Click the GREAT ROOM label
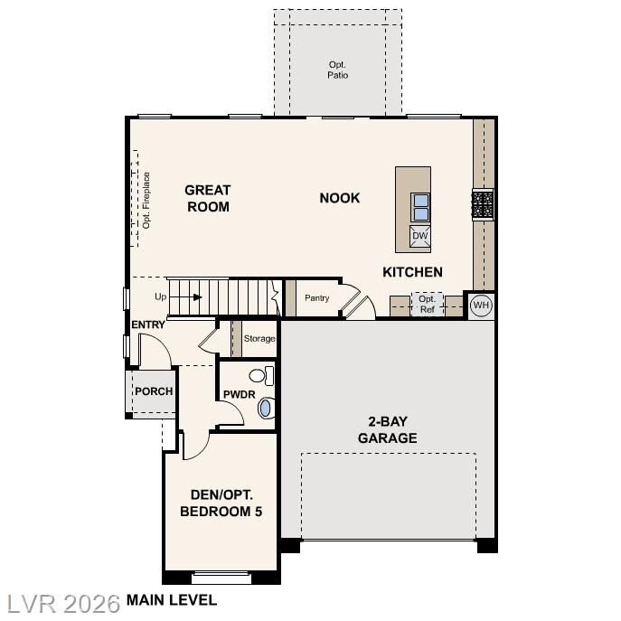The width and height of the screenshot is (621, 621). (x=207, y=198)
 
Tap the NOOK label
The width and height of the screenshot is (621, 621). (x=339, y=198)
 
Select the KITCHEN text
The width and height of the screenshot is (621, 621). (x=412, y=272)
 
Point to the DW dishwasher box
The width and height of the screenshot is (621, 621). (x=419, y=237)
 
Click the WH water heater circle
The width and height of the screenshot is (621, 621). (x=480, y=306)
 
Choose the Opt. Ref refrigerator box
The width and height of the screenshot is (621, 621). (x=428, y=305)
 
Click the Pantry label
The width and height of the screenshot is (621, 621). (x=316, y=298)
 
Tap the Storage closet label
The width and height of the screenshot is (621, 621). (x=259, y=339)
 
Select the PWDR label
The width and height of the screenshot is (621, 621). (x=240, y=395)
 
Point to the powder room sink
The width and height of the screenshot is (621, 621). (x=265, y=409)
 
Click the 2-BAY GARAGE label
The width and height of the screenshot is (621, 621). (x=391, y=430)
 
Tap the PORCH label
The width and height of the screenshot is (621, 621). (x=153, y=391)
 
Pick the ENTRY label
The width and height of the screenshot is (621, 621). (x=148, y=325)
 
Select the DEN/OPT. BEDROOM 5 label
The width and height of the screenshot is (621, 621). (x=221, y=503)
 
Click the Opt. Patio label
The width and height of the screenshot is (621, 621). (x=337, y=70)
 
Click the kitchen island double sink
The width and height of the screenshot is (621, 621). (x=420, y=208)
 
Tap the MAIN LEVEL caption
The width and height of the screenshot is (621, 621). (x=172, y=599)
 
